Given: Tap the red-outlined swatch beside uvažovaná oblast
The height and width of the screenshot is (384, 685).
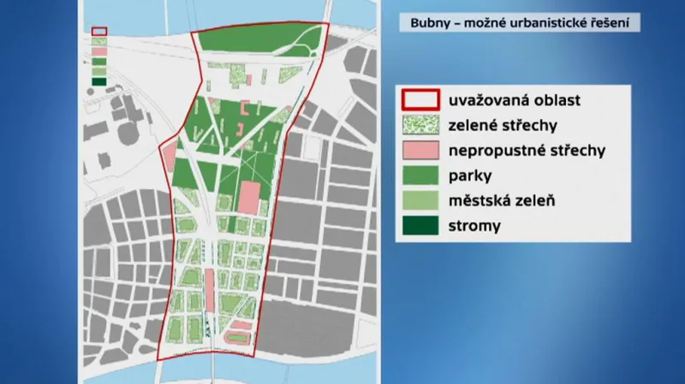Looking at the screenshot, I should pyautogui.click(x=420, y=100).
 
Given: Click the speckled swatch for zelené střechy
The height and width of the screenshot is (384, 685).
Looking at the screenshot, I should pyautogui.click(x=420, y=125).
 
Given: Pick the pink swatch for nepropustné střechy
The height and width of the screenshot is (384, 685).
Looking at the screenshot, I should pyautogui.click(x=420, y=151).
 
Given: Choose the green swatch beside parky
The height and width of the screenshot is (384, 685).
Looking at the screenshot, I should pyautogui.click(x=420, y=176).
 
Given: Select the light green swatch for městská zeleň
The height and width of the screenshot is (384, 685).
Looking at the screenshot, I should pyautogui.click(x=420, y=201).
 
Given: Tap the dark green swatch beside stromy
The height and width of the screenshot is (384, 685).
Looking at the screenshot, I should pyautogui.click(x=420, y=227).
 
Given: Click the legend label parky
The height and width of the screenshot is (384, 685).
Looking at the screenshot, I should pyautogui.click(x=469, y=176).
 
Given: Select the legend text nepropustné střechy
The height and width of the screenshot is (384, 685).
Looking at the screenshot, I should pyautogui.click(x=527, y=151).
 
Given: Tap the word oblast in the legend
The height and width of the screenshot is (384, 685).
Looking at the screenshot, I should pyautogui.click(x=554, y=100).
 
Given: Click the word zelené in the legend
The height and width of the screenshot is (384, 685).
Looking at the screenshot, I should pyautogui.click(x=474, y=125).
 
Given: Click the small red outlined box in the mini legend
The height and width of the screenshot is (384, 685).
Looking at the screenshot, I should pyautogui.click(x=99, y=32).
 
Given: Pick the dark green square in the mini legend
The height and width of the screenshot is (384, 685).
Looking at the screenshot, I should pyautogui.click(x=99, y=82).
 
